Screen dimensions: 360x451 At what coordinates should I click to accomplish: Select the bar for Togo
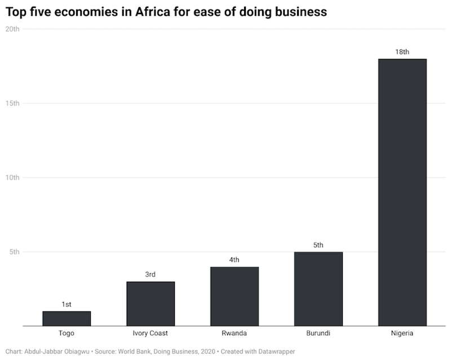[x=67, y=318]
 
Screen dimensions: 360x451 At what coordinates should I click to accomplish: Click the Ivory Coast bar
[x=151, y=304]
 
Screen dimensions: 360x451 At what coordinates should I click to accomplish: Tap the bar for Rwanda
[x=234, y=296]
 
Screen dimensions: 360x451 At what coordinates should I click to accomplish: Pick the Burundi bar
[x=319, y=288]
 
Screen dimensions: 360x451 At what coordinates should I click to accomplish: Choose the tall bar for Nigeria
[x=402, y=192]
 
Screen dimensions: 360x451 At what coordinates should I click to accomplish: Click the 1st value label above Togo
[x=67, y=304]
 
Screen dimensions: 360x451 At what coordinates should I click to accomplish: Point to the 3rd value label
[x=151, y=274]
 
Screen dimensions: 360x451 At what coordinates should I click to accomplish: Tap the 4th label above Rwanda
[x=234, y=260]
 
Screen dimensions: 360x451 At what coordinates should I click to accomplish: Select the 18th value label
[x=402, y=52]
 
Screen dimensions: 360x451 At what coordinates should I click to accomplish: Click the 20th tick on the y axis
[x=12, y=29]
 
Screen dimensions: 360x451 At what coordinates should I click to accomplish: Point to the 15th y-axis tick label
[x=12, y=104]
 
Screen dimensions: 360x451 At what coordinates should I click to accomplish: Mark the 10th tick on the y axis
[x=12, y=178]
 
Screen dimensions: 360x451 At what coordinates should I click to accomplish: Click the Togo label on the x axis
[x=67, y=334]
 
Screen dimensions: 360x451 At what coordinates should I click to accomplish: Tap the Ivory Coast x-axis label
[x=151, y=334]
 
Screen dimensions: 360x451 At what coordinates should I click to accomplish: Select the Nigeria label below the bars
[x=402, y=334]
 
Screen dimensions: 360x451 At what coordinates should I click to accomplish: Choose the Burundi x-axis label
[x=319, y=334]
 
